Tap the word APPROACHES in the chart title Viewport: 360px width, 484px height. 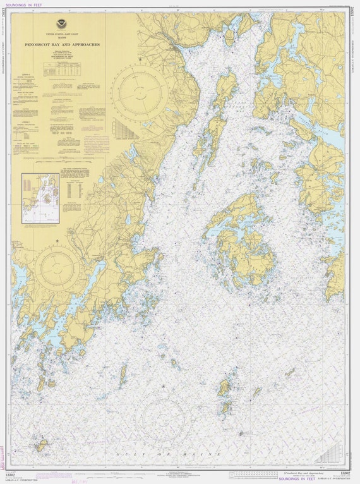coord(86,45)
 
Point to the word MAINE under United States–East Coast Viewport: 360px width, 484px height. coord(62,39)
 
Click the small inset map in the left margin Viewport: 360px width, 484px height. coord(41,198)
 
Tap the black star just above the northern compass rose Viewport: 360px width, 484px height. coord(140,60)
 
